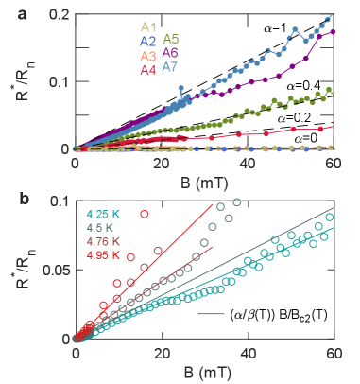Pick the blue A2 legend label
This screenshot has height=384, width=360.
tap(146, 42)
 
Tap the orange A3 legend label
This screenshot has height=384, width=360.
tap(146, 56)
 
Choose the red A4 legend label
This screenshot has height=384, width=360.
tap(146, 70)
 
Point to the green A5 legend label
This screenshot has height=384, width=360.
tap(171, 40)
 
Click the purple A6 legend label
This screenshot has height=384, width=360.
tap(171, 54)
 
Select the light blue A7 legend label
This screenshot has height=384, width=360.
tap(171, 68)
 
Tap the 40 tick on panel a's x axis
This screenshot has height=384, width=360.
tap(248, 164)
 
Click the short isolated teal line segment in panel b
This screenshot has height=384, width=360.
tap(210, 313)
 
